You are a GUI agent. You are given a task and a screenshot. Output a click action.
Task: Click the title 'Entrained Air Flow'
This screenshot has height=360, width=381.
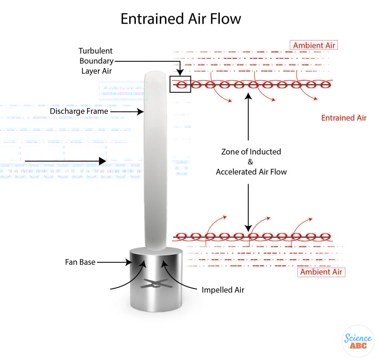coord(181,19)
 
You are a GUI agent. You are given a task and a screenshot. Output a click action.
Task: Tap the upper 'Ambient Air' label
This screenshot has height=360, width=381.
coord(314,45)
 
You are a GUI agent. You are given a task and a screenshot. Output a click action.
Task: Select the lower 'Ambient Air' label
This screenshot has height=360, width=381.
coord(321,272)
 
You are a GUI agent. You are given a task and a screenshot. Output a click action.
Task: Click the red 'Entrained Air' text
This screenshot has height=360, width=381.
coord(344,118)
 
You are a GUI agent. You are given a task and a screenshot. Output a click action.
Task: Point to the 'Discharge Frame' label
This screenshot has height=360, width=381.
coord(79,111)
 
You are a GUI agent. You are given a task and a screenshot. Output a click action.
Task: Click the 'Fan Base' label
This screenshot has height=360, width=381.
coord(80,262)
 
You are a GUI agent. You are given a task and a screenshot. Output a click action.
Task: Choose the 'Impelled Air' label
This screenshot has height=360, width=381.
coord(223,290)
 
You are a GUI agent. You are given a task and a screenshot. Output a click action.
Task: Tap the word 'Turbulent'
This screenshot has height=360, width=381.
coord(95,51)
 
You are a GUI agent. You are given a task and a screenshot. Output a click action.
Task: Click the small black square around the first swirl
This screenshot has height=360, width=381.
coord(180,84)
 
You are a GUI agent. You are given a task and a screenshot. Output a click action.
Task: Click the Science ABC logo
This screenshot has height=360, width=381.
coord(358,341)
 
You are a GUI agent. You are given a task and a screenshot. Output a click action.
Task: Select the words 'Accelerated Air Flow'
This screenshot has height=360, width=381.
coord(251,172)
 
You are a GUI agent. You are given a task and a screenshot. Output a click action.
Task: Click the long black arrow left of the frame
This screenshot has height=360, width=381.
coord(65,161)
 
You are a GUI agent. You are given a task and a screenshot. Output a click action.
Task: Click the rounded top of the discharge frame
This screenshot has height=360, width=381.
coord(154,76)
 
